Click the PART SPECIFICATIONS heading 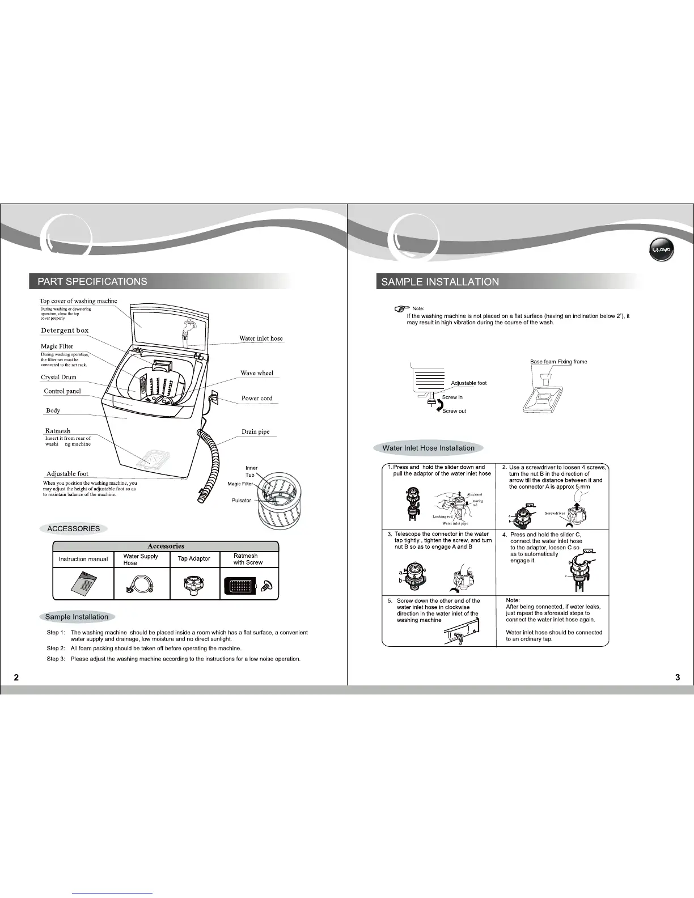click(92, 282)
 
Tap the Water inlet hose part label click(261, 338)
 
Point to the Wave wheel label click(257, 373)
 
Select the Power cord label click(257, 398)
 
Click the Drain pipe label click(256, 431)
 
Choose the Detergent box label click(65, 331)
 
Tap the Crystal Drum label click(58, 377)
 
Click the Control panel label click(62, 391)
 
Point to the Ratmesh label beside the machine click(58, 431)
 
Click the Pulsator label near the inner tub click(241, 501)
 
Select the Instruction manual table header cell click(83, 559)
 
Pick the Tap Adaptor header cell click(194, 559)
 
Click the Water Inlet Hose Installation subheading click(428, 448)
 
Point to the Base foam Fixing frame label click(558, 362)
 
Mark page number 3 click(678, 677)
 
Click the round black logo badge click(662, 250)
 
